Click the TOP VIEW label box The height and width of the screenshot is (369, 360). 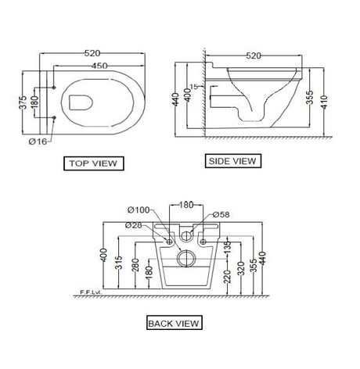(94, 163)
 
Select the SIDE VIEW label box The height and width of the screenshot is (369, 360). (233, 161)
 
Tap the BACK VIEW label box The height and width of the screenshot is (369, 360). (175, 323)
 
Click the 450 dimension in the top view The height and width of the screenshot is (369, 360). (99, 66)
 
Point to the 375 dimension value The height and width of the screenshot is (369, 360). (23, 102)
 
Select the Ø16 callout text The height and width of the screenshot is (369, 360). (38, 142)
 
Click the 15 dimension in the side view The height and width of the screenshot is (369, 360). (193, 87)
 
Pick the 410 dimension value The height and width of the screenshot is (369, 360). (324, 102)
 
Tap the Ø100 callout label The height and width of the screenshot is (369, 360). (139, 210)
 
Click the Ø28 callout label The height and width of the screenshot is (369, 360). (133, 225)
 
